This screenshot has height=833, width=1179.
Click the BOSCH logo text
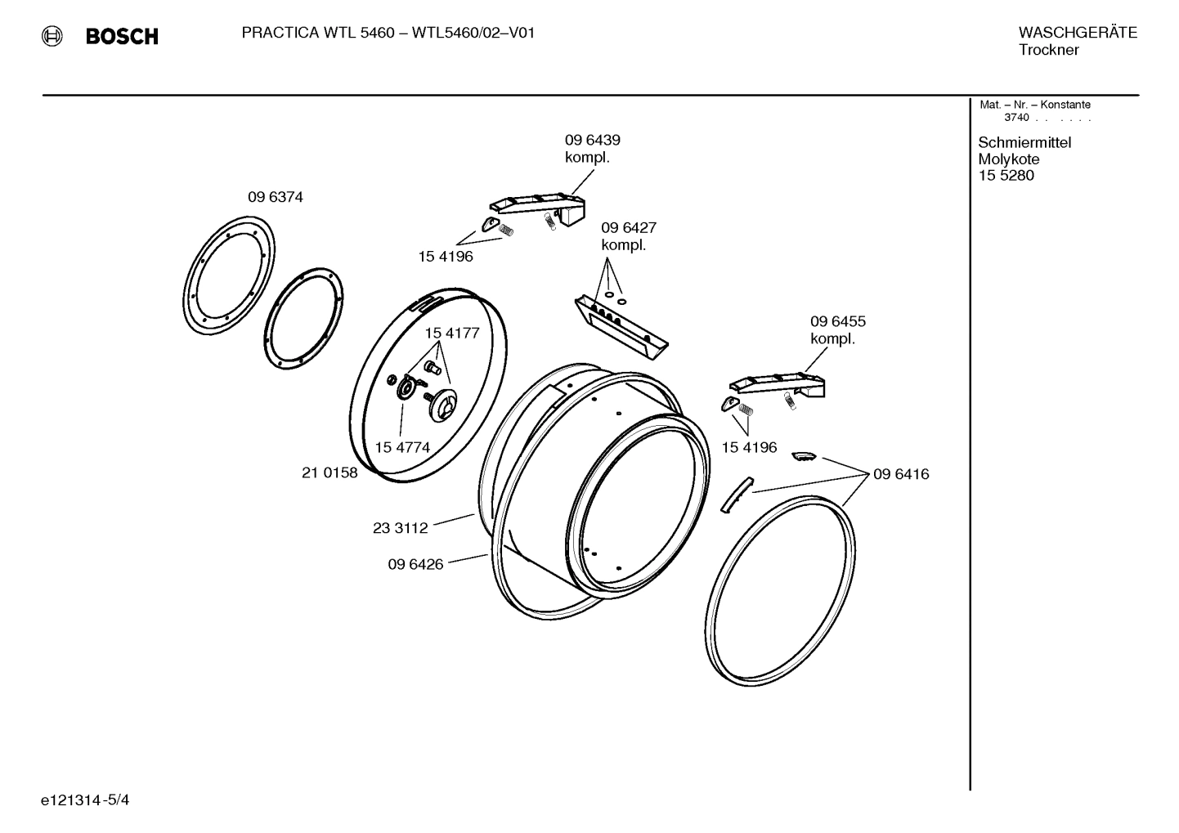point(121,36)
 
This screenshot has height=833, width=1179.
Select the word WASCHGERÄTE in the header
point(1077,33)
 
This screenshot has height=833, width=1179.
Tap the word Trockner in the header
point(1048,50)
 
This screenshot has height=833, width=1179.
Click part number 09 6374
point(276,197)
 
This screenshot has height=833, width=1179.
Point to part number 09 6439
point(592,140)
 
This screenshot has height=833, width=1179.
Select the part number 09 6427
point(629,227)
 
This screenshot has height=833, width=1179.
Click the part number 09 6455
point(837,321)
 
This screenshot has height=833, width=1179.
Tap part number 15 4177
point(451,334)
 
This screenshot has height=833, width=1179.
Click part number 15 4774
point(402,447)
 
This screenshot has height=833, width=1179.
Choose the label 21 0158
point(329,472)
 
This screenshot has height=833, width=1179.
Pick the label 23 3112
point(400,528)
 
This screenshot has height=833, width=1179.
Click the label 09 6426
point(415,564)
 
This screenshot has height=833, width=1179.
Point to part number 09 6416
point(901,474)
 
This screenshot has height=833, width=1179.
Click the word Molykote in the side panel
point(1008,159)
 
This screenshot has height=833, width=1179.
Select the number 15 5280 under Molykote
point(1006,176)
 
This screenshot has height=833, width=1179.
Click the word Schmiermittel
point(1024,143)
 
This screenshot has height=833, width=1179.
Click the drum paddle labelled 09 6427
point(621,328)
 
